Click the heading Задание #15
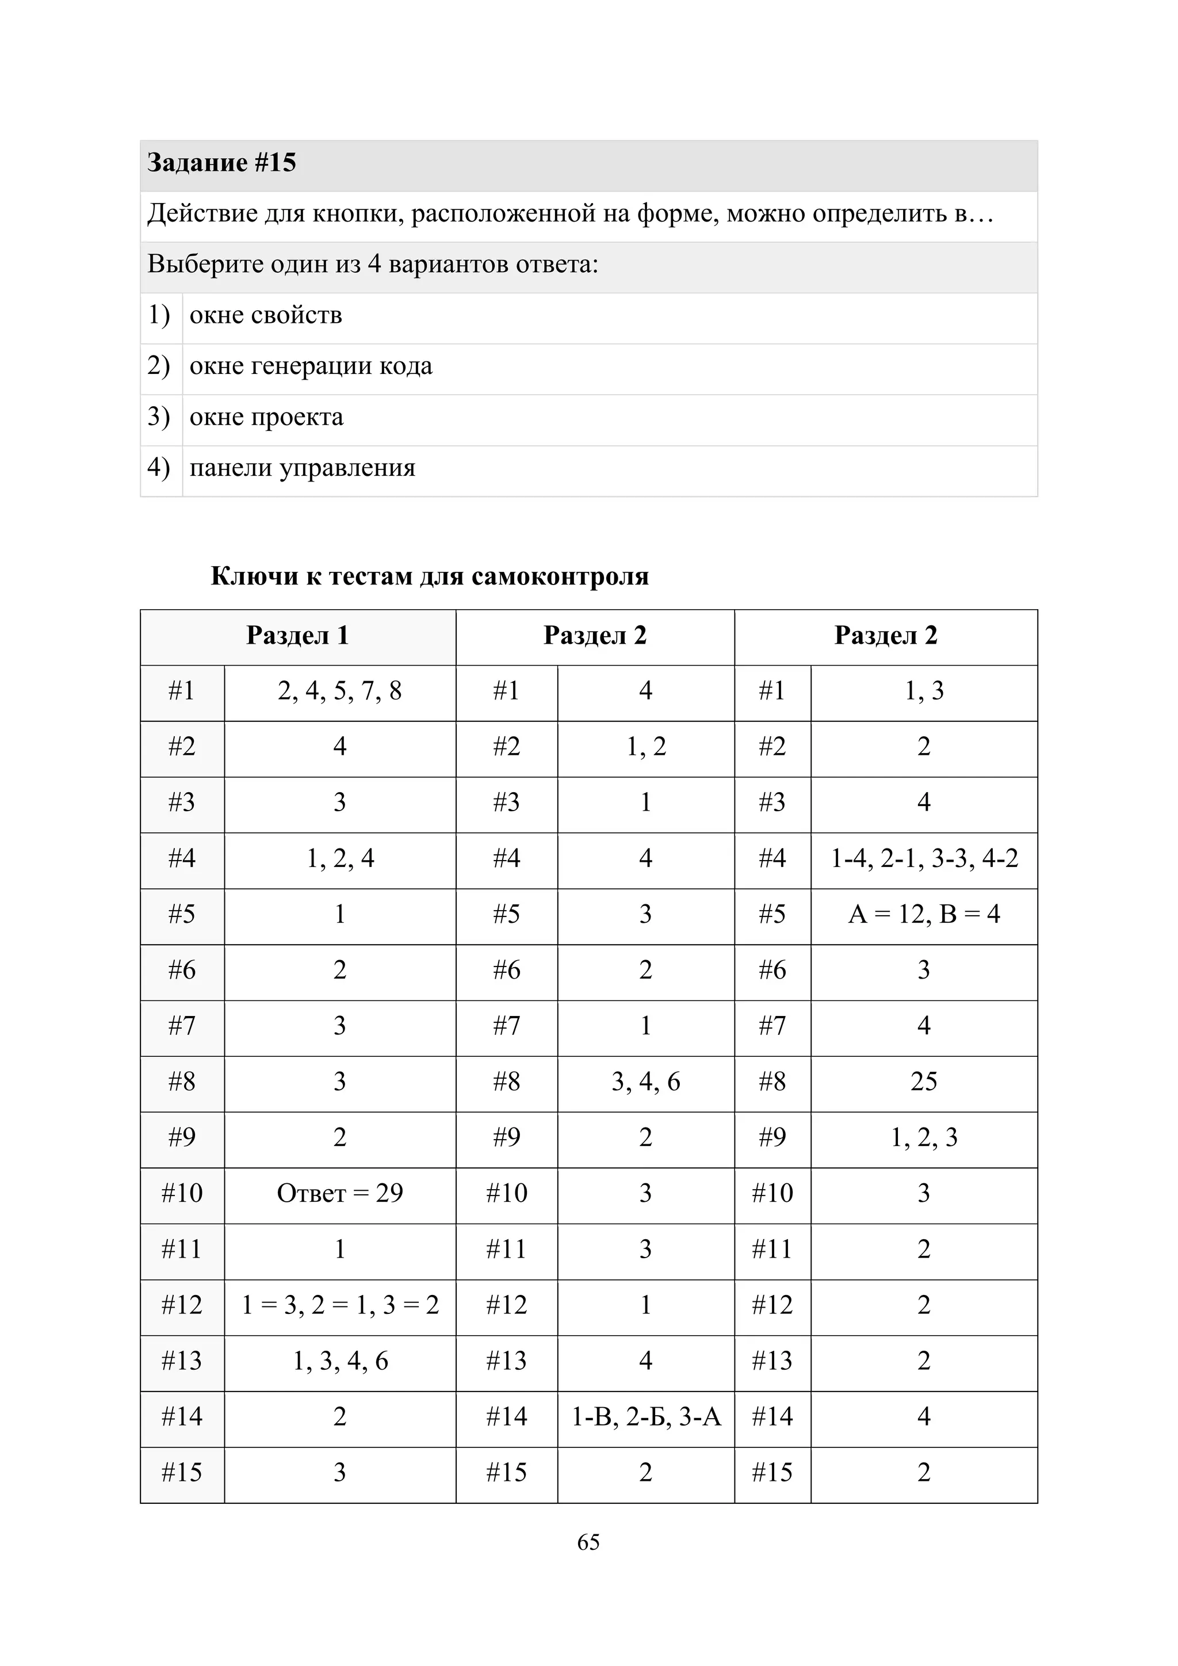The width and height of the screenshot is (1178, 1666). pyautogui.click(x=222, y=163)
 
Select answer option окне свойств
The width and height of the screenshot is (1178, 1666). pyautogui.click(x=266, y=316)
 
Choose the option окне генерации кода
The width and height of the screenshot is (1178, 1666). pyautogui.click(x=311, y=366)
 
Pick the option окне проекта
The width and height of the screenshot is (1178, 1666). pyautogui.click(x=266, y=417)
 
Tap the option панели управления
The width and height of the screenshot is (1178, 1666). pyautogui.click(x=303, y=468)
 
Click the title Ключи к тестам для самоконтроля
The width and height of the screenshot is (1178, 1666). pyautogui.click(x=430, y=576)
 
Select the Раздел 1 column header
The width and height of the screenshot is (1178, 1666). pyautogui.click(x=297, y=636)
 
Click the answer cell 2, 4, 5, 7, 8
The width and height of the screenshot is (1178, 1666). pyautogui.click(x=339, y=691)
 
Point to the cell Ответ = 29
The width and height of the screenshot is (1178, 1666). pyautogui.click(x=339, y=1194)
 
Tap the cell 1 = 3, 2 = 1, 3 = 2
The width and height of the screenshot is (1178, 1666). pyautogui.click(x=339, y=1305)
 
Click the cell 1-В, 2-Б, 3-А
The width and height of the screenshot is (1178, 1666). pyautogui.click(x=645, y=1417)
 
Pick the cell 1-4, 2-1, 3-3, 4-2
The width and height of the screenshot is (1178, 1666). pyautogui.click(x=923, y=859)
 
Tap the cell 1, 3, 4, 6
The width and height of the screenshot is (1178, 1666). pyautogui.click(x=339, y=1361)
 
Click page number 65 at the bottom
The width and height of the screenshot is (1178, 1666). pyautogui.click(x=588, y=1542)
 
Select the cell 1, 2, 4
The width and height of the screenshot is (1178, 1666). pyautogui.click(x=339, y=859)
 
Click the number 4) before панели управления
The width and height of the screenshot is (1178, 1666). pyautogui.click(x=159, y=468)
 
